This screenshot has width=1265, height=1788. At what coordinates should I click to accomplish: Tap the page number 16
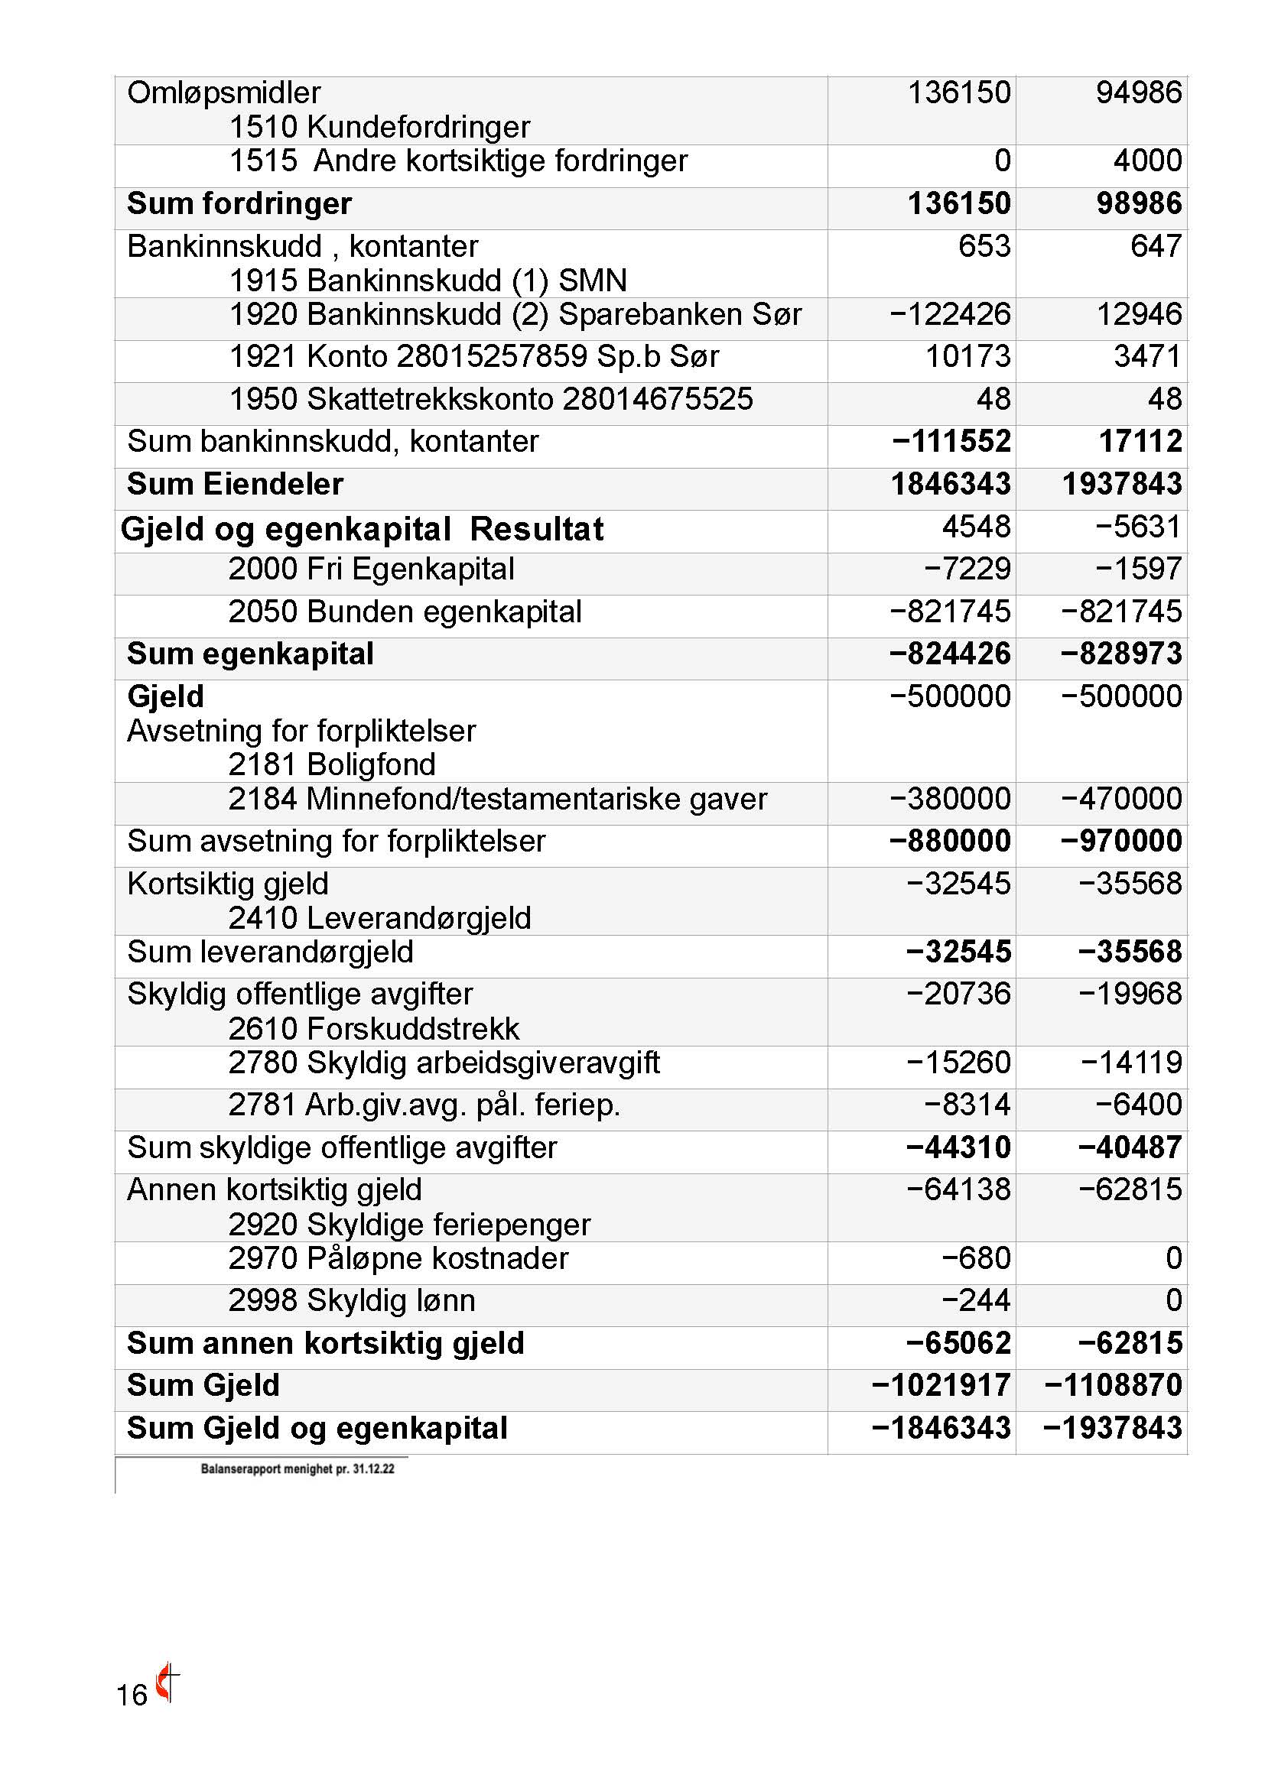click(132, 1695)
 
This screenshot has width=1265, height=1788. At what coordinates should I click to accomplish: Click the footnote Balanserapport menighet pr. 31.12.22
click(298, 1468)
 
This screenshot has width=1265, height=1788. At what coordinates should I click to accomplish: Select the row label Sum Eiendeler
click(235, 485)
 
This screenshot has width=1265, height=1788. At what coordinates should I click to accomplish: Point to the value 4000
click(1146, 161)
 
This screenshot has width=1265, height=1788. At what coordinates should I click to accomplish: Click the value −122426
click(950, 315)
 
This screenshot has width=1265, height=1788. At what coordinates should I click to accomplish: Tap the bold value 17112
click(1140, 442)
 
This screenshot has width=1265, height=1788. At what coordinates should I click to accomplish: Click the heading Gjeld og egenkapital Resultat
click(363, 530)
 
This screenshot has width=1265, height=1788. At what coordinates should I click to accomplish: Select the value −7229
click(967, 569)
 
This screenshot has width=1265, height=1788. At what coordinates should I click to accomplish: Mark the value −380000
click(950, 799)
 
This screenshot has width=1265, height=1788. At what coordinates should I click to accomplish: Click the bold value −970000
click(1121, 841)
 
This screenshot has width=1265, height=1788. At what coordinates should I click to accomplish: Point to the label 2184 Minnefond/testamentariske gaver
click(498, 799)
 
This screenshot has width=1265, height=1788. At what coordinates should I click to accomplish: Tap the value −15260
click(958, 1063)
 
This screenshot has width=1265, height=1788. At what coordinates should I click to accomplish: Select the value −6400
click(1138, 1105)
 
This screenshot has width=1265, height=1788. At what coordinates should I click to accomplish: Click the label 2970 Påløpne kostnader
click(398, 1258)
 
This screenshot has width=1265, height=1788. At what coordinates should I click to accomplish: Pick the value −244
click(975, 1300)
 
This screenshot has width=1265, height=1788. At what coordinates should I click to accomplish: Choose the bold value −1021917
click(941, 1385)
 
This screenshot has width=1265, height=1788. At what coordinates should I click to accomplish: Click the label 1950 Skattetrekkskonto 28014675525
click(491, 400)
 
